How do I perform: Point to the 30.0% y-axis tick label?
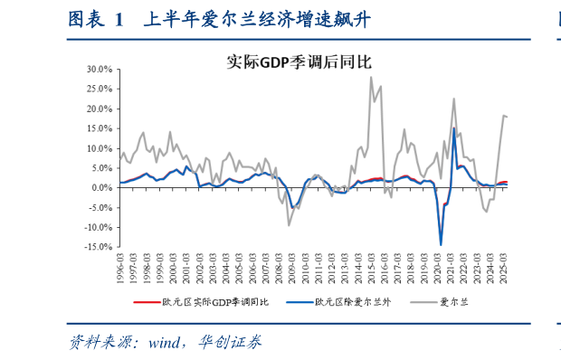(100, 70)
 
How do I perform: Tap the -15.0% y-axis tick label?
(98, 246)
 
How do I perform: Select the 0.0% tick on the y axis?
(101, 187)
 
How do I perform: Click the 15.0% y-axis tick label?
(100, 128)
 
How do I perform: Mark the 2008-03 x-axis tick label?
(280, 268)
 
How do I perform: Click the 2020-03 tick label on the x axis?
(439, 268)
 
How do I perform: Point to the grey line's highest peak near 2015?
(370, 78)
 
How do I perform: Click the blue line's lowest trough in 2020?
(442, 244)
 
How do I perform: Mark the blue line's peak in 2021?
(454, 128)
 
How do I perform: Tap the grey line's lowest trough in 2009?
(290, 225)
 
